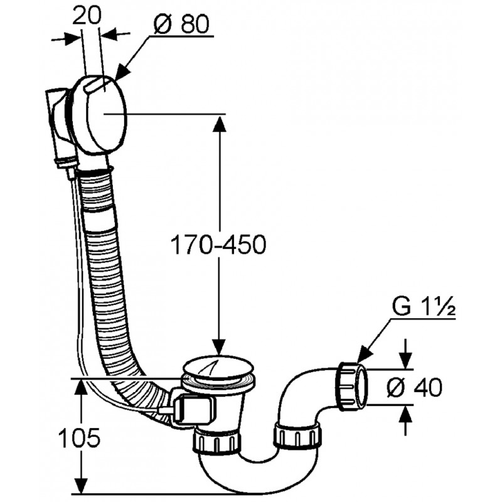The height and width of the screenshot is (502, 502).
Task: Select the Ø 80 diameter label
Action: [181, 24]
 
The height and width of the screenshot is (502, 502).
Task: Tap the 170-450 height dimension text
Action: [218, 245]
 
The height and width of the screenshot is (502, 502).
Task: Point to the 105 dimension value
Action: [80, 437]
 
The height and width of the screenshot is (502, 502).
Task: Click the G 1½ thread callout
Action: [423, 307]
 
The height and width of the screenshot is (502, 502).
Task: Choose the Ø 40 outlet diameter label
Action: [415, 387]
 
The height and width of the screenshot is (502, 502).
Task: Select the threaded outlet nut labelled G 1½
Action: [351, 387]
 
